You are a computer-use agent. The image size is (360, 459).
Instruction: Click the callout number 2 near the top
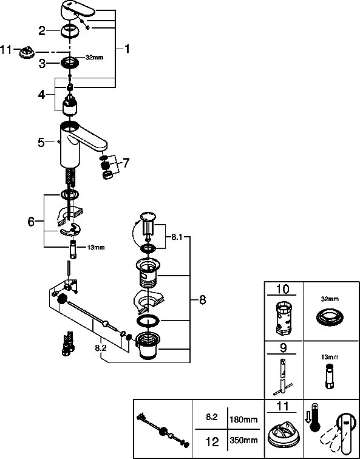pyautogui.click(x=42, y=31)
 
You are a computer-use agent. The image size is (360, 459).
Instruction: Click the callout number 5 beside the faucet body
pyautogui.click(x=41, y=143)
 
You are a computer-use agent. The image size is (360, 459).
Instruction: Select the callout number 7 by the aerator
pyautogui.click(x=126, y=163)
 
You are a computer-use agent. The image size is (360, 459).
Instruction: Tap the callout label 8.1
pyautogui.click(x=176, y=237)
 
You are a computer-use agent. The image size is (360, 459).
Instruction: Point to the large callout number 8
pyautogui.click(x=202, y=300)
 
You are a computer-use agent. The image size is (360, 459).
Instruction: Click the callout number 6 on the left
pyautogui.click(x=31, y=222)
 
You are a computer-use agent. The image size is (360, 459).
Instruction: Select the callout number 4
pyautogui.click(x=41, y=95)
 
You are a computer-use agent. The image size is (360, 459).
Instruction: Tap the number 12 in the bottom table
pyautogui.click(x=212, y=442)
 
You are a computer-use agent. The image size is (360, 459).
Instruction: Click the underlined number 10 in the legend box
pyautogui.click(x=283, y=289)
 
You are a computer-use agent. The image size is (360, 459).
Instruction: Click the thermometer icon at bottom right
pyautogui.click(x=314, y=418)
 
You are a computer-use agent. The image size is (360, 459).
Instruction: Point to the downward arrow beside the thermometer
pyautogui.click(x=307, y=416)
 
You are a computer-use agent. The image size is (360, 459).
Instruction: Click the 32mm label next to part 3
pyautogui.click(x=94, y=57)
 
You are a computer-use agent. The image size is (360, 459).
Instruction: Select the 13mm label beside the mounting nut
pyautogui.click(x=96, y=247)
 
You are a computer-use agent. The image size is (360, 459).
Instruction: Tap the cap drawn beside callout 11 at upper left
pyautogui.click(x=27, y=53)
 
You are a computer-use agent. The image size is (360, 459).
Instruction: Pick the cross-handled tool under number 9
pyautogui.click(x=283, y=376)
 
